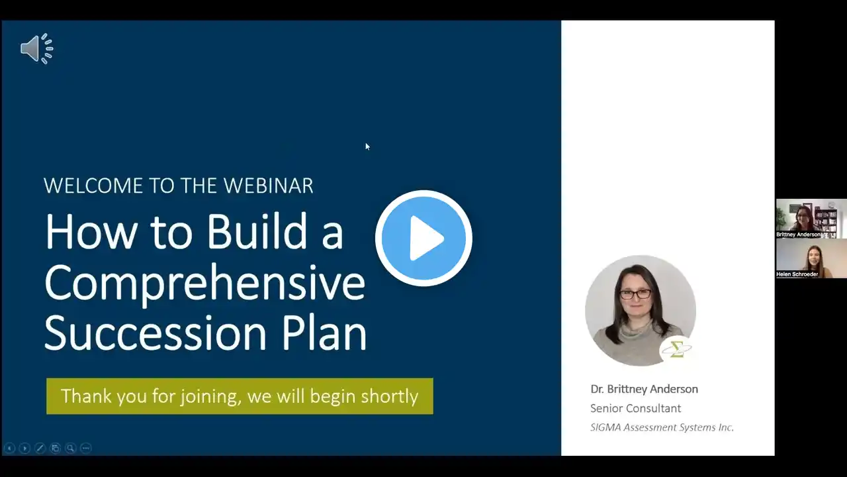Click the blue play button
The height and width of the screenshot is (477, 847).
pos(423,238)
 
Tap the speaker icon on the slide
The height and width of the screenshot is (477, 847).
pos(36,48)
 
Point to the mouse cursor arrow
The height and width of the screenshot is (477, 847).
pos(367,146)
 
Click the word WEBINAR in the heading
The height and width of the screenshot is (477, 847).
pos(269,185)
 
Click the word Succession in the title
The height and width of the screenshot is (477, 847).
pos(156,333)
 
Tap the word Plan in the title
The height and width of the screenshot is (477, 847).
pos(324,333)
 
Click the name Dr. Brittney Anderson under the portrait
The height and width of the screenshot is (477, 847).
pos(645,389)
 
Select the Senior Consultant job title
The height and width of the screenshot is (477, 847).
pos(636,408)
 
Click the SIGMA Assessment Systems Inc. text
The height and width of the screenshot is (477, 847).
pos(662,427)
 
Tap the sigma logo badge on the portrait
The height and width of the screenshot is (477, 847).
pos(677,349)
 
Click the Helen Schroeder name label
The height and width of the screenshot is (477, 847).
pos(797,274)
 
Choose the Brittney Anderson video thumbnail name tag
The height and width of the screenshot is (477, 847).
pos(799,235)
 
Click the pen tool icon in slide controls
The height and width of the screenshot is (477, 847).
pos(40,449)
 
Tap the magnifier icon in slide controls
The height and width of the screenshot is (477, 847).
pos(70,449)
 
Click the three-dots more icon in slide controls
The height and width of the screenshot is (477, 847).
pos(86,449)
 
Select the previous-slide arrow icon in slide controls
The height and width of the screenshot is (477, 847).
pos(9,449)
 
